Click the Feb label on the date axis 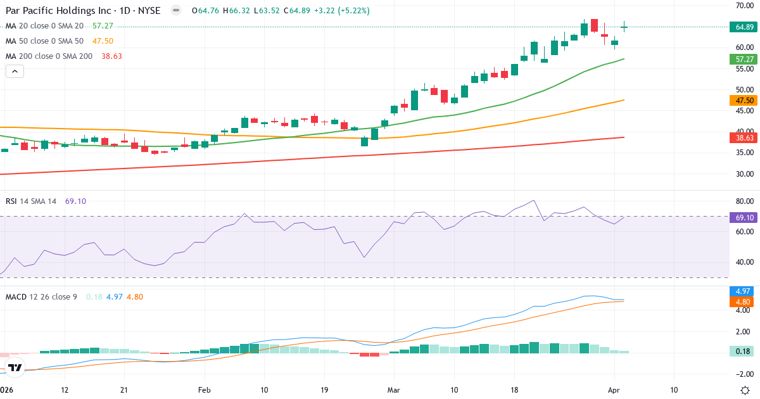[204, 390]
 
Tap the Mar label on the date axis [395, 390]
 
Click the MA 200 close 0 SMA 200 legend [49, 56]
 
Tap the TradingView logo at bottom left [15, 367]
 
